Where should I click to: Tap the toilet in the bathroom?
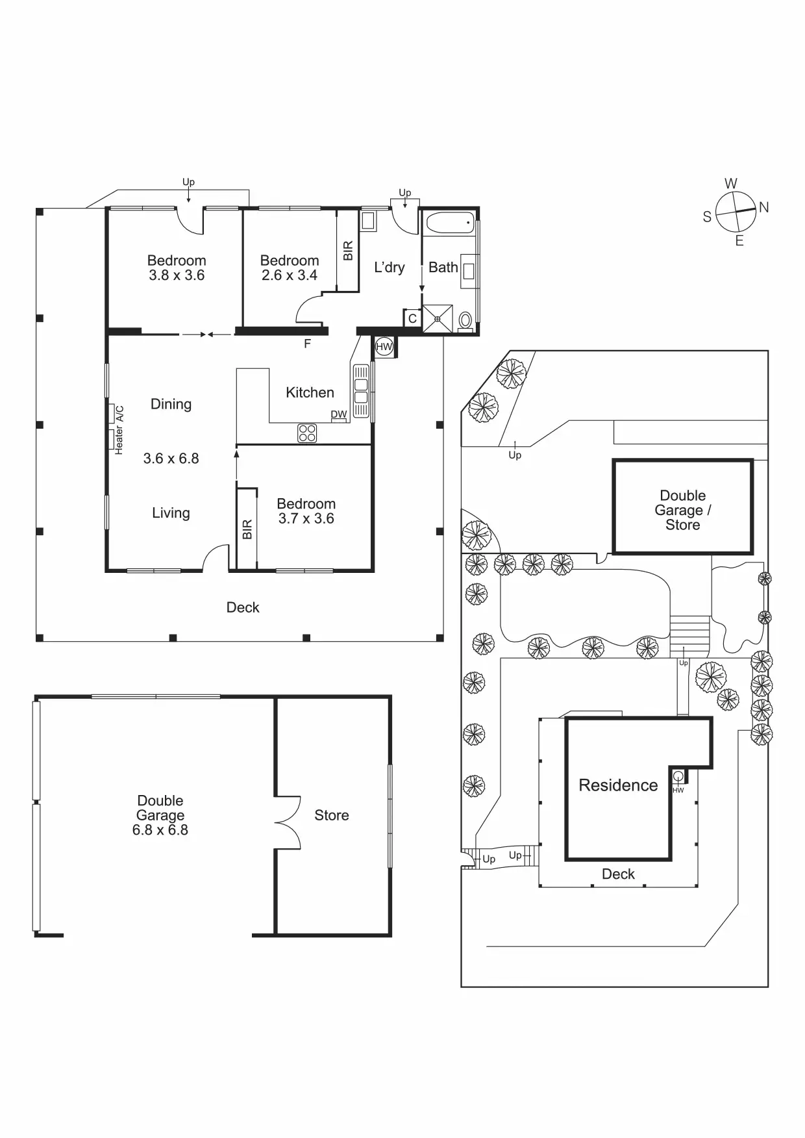(x=465, y=321)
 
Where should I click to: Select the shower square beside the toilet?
(x=438, y=319)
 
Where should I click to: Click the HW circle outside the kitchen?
(x=384, y=347)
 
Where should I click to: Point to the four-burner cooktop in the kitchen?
(x=307, y=433)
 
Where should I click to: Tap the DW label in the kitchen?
(x=339, y=414)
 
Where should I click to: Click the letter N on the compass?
(x=764, y=207)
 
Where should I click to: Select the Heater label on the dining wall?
(x=119, y=440)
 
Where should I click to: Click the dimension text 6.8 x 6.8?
(x=160, y=830)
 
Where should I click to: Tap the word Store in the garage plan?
(x=332, y=815)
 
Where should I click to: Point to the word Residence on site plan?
(x=618, y=785)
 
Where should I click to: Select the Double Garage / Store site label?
(x=683, y=510)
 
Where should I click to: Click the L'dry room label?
(x=390, y=267)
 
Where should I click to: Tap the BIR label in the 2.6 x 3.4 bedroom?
(x=348, y=251)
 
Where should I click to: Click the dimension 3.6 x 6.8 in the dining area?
(x=171, y=459)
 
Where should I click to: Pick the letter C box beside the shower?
(x=412, y=319)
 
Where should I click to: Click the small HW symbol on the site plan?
(x=678, y=776)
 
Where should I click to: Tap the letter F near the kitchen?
(x=308, y=344)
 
